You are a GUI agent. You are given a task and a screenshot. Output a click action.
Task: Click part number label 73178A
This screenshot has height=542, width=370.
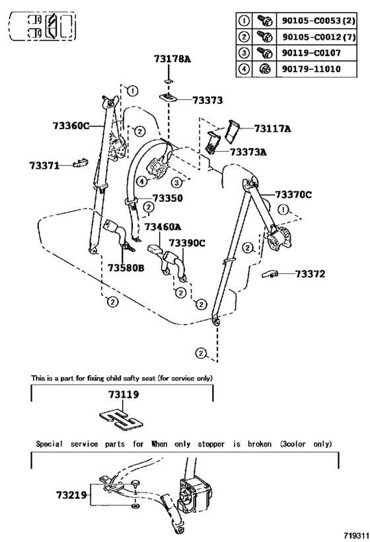172,59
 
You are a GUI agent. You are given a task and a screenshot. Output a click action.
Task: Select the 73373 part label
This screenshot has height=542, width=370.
207,100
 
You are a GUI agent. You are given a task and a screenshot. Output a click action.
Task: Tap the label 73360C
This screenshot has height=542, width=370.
71,126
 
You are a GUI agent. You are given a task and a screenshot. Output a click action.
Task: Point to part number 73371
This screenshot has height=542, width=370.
44,165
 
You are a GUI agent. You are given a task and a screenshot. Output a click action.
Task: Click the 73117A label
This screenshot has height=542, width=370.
273,128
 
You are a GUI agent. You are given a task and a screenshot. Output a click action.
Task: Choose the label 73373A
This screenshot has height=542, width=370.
248,152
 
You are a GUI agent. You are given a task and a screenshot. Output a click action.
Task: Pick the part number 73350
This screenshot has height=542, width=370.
168,198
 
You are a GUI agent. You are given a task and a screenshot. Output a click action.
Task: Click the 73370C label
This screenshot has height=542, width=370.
293,195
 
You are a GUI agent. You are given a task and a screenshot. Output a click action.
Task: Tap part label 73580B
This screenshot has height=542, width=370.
126,267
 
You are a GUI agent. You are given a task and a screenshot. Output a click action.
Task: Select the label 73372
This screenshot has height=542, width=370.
310,274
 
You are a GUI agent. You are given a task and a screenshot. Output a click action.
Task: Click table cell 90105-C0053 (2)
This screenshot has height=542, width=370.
317,21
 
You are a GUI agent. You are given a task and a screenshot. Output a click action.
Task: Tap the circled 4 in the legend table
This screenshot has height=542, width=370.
244,69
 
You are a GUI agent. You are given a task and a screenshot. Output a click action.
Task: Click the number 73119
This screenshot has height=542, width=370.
124,394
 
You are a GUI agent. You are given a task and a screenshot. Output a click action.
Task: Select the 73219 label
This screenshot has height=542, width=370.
71,495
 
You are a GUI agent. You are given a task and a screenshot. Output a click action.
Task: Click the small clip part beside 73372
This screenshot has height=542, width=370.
270,275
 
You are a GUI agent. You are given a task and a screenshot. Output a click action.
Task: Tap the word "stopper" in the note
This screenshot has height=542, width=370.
211,444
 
